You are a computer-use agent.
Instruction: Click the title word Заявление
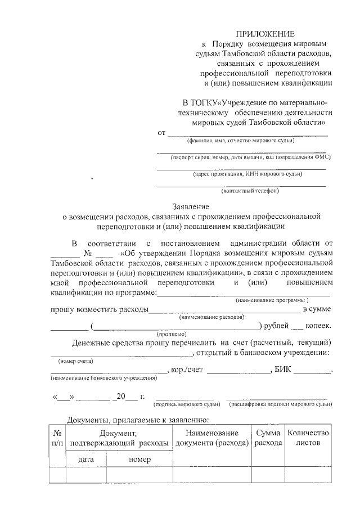click(x=191, y=207)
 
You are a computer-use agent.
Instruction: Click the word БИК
click(x=284, y=370)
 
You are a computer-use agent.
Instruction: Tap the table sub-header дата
click(x=85, y=460)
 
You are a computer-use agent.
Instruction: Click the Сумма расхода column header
click(x=268, y=438)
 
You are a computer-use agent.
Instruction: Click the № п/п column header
click(x=57, y=438)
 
